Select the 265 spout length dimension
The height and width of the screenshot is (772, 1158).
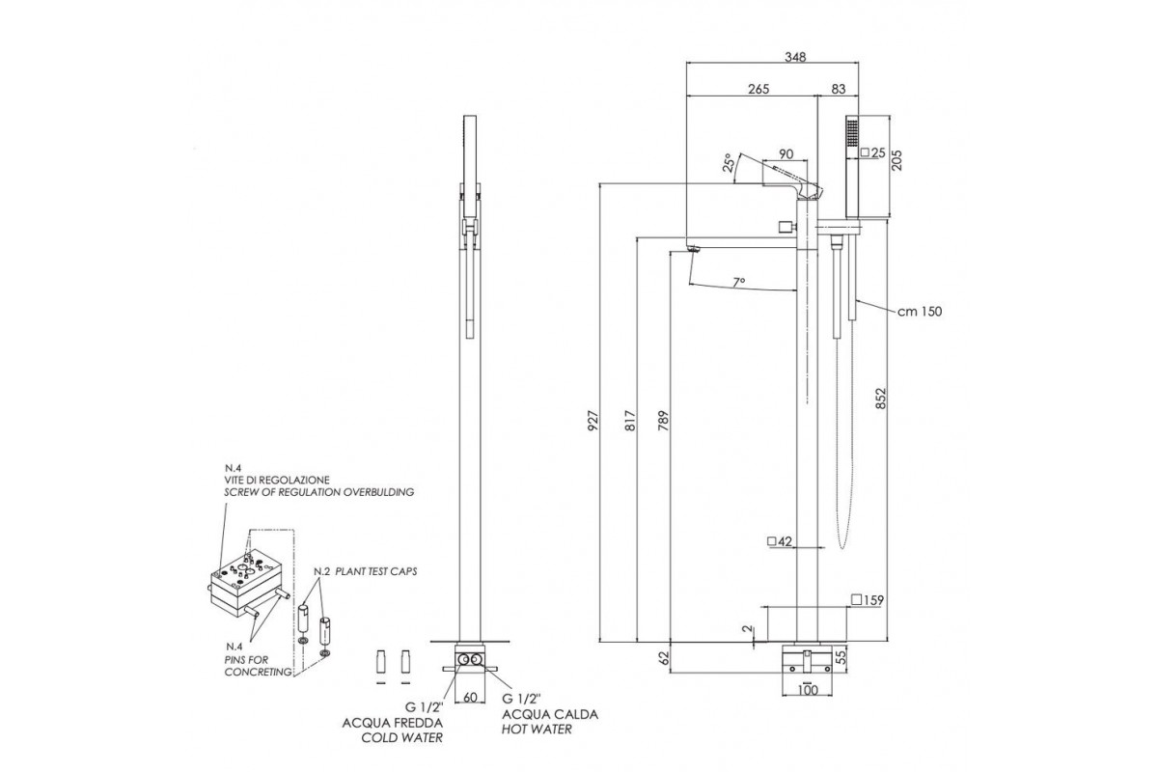click(757, 89)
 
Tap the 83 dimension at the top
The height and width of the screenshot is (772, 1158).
click(837, 89)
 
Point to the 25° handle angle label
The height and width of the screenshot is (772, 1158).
click(731, 163)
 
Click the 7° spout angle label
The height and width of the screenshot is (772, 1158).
click(738, 282)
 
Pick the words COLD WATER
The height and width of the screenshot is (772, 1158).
click(402, 737)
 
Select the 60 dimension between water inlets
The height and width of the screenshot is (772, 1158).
click(471, 696)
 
